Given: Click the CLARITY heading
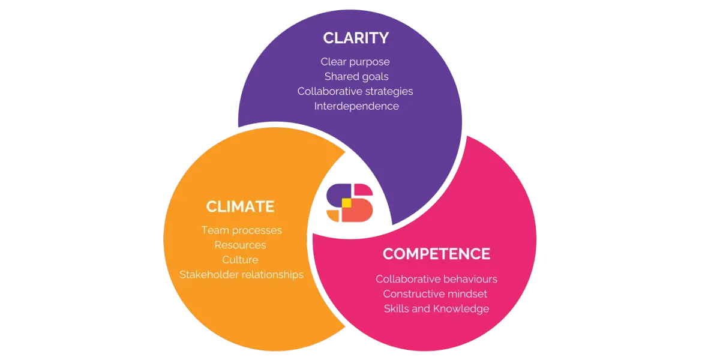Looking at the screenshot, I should pos(356,38).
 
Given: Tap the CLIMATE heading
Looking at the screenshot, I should pos(240,207).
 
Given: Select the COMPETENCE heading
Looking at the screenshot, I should pos(436,254).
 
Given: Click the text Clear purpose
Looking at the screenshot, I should pos(355,62).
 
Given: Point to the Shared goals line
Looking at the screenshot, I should pos(356,77).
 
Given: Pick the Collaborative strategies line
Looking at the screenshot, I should pos(355,91).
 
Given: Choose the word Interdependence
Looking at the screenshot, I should pos(356,106).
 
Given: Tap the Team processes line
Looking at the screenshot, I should pos(241,230).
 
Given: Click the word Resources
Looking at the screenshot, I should pos(240,245).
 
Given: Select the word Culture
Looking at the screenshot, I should pos(240,260).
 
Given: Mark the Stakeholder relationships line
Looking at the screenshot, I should pos(241,275).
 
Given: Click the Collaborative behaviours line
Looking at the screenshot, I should pos(436,280).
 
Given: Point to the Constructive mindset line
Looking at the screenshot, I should pos(435,294).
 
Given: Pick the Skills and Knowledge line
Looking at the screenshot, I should pos(436,309).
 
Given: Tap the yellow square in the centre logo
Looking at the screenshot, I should pos(346,203).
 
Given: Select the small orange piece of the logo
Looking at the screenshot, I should pos(333,215).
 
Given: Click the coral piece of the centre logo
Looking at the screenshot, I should pos(360,211).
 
